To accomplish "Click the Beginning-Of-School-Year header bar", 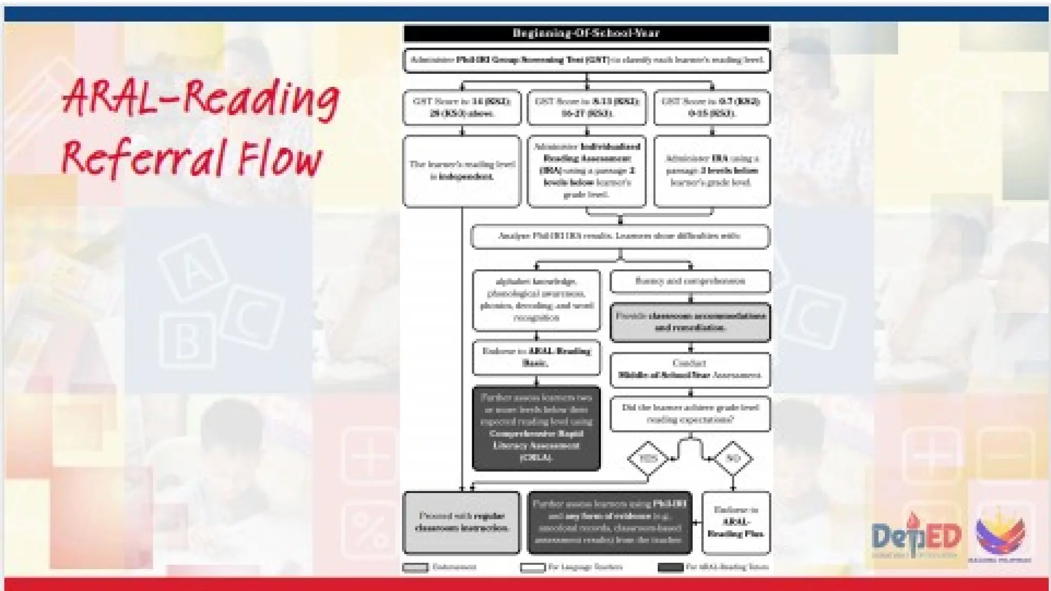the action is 587,33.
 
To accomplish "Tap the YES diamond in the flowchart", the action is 648,458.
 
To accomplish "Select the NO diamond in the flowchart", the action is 732,458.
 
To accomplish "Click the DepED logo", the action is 916,536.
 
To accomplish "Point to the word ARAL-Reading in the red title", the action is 200,97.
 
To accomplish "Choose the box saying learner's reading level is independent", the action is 462,171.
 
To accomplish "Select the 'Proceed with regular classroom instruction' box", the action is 462,522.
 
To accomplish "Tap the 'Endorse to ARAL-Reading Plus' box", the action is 736,522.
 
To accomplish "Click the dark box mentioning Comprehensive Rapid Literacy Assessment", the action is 536,428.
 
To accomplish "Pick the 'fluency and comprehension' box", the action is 690,281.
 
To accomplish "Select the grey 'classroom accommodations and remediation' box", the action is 690,322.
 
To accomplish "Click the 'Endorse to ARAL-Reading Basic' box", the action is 536,357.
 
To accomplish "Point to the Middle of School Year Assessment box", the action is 690,369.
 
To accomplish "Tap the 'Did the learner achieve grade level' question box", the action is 690,413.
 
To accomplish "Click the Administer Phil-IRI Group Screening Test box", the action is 587,60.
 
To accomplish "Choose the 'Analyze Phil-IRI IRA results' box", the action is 620,237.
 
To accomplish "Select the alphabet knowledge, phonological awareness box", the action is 536,300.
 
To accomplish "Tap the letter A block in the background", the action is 192,268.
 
